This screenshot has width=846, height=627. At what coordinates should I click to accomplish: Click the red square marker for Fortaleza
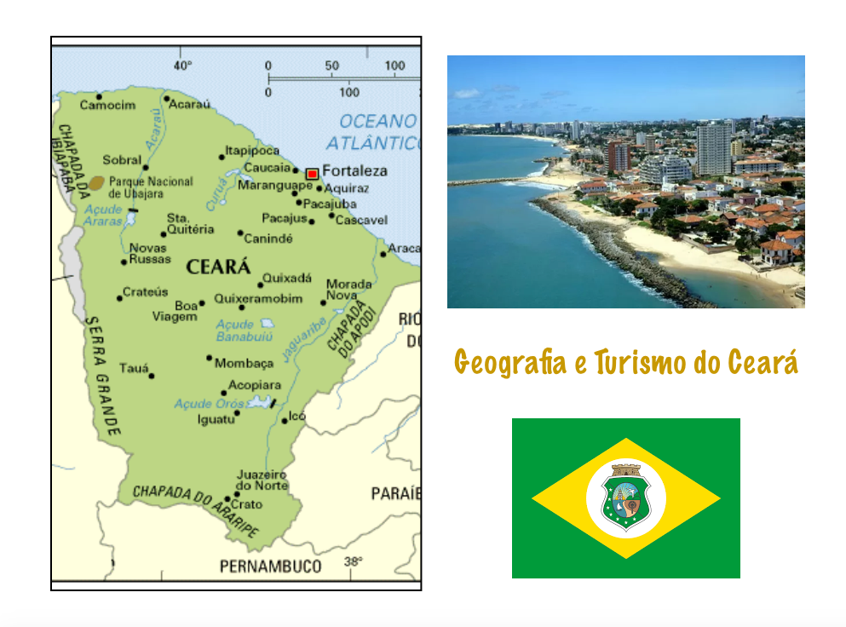click(312, 173)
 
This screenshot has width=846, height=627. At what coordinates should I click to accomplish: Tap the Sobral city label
click(122, 159)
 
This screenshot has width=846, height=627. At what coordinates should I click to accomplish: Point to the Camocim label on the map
click(107, 105)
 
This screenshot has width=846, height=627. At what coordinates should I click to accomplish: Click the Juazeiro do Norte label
click(262, 480)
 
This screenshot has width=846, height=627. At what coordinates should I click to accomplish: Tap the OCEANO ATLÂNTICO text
click(375, 132)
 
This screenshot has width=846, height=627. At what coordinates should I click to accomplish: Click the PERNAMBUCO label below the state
click(270, 566)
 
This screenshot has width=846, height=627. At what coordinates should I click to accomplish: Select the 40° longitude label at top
click(182, 66)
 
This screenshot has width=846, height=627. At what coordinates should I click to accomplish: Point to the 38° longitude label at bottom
click(353, 561)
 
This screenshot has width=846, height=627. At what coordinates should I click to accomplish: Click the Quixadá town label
click(287, 278)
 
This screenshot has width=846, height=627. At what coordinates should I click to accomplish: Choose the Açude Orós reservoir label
click(210, 403)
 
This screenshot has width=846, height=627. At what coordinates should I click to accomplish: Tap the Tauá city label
click(134, 367)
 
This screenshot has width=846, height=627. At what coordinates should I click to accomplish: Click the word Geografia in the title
click(509, 363)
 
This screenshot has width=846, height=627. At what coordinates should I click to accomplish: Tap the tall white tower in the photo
click(713, 148)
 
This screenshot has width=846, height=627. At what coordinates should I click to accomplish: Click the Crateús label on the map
click(145, 291)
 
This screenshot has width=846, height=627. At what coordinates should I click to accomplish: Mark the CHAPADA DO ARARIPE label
click(196, 508)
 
